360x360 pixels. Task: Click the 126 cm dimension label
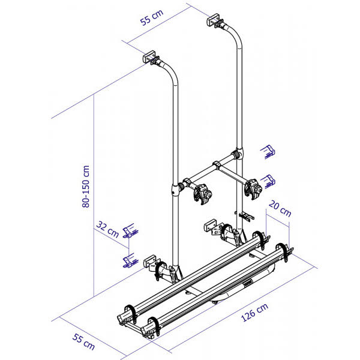pyautogui.click(x=254, y=312)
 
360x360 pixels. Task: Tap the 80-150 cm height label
pyautogui.click(x=86, y=187)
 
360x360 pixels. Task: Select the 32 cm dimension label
pyautogui.click(x=107, y=229)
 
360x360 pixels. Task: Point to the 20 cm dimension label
pyautogui.click(x=280, y=208)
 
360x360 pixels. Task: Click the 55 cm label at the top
pyautogui.click(x=152, y=17)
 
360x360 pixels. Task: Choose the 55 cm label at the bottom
pyautogui.click(x=83, y=342)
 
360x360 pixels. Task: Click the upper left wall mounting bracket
pyautogui.click(x=151, y=57)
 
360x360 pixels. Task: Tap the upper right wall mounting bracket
pyautogui.click(x=215, y=20)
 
